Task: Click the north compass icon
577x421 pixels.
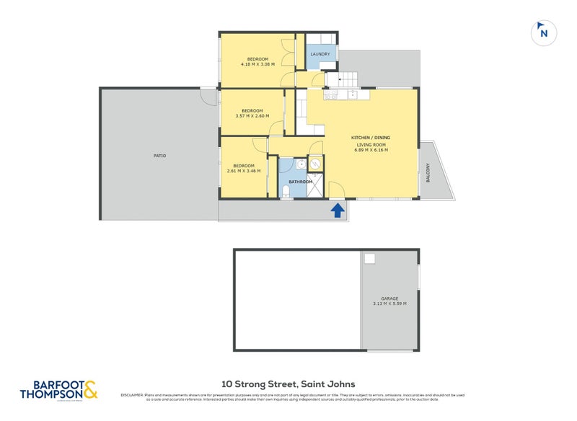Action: click(544, 32)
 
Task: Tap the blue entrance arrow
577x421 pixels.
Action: click(336, 210)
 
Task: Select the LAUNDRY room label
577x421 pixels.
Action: click(320, 54)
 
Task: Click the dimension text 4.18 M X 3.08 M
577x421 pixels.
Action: click(257, 64)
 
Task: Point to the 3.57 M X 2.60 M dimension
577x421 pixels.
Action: click(252, 116)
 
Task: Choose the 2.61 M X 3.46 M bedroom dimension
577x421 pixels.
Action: click(241, 171)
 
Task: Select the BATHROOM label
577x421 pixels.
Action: click(300, 182)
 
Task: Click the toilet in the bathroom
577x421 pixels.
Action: click(286, 191)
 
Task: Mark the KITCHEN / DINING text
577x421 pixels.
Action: click(371, 137)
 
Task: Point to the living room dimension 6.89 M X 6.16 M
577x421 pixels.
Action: click(371, 150)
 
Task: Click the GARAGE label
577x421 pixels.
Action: click(389, 298)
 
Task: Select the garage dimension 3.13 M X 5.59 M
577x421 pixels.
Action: click(389, 303)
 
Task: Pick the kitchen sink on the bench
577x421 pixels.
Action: click(353, 94)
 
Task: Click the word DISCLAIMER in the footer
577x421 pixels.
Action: click(132, 394)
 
